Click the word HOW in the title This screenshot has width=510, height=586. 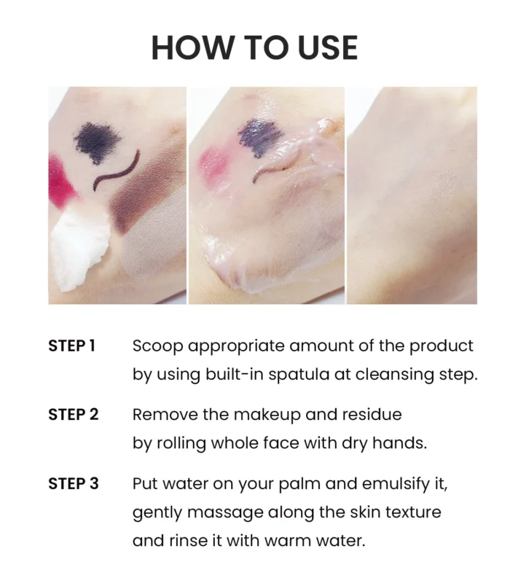[x=192, y=47]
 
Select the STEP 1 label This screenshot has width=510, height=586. [x=71, y=345]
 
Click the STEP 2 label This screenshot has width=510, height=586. [x=74, y=415]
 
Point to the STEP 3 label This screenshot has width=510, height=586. [x=74, y=484]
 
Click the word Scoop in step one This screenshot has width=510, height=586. [x=157, y=347]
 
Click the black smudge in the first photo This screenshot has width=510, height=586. [x=97, y=142]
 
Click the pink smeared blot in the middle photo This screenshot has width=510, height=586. [x=213, y=163]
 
